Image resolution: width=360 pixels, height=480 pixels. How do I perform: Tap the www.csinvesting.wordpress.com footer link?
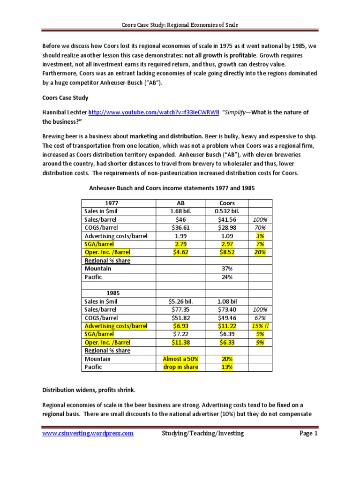click(x=88, y=433)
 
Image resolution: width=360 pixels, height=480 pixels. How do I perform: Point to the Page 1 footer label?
click(x=309, y=433)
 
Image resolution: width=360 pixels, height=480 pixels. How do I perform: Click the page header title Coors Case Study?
click(x=180, y=24)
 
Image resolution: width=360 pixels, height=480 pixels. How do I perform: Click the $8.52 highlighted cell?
click(x=227, y=252)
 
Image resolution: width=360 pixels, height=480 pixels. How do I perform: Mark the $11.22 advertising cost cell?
click(x=227, y=326)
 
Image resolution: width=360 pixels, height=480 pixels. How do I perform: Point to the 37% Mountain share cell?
click(x=227, y=269)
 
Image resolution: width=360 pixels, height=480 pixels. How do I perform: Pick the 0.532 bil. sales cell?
click(x=227, y=212)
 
